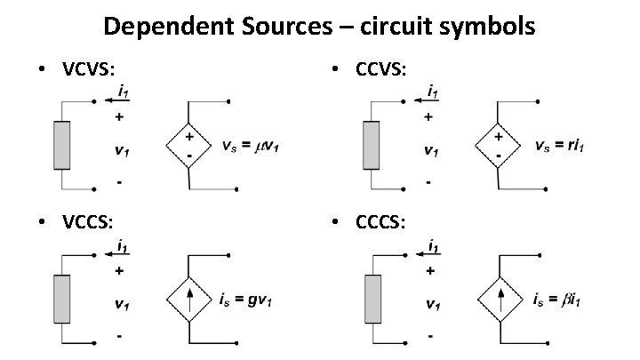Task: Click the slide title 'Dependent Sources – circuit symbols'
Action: coord(319,27)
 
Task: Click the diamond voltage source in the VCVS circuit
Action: coord(189,145)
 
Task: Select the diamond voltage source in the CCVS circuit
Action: coord(499,145)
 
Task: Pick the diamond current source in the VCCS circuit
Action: coord(189,297)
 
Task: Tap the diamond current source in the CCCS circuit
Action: coord(499,297)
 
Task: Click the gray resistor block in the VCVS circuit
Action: coord(61,145)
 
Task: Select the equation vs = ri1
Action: coord(563,146)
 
